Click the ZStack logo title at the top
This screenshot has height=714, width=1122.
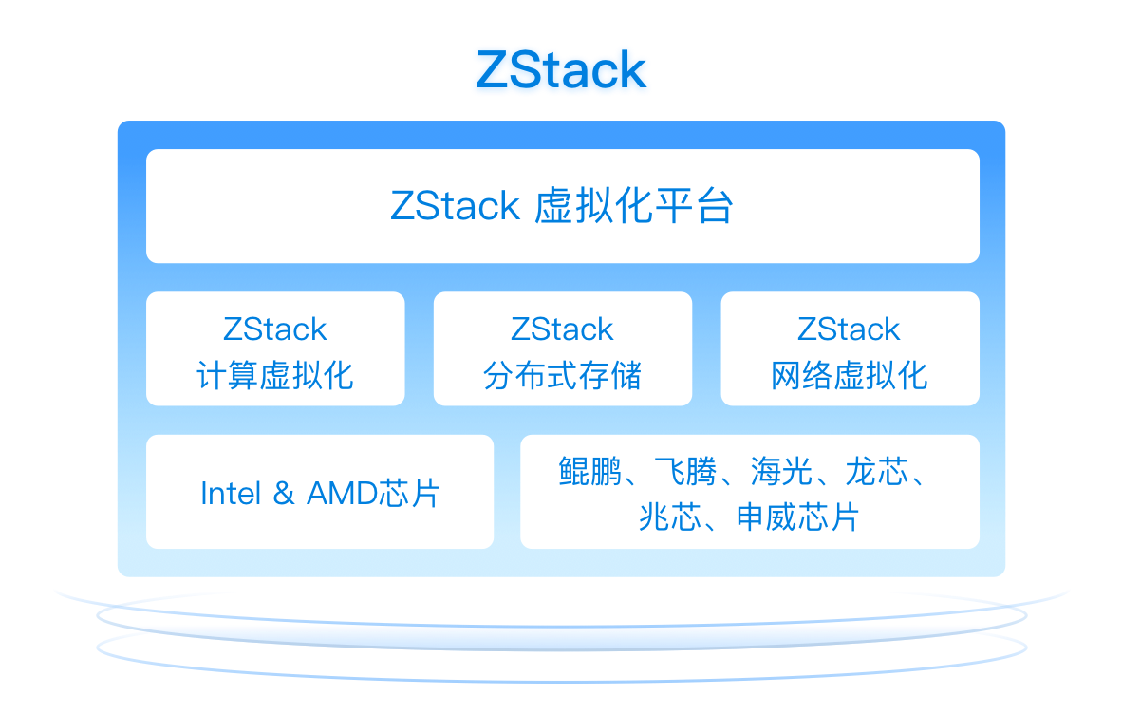pyautogui.click(x=561, y=70)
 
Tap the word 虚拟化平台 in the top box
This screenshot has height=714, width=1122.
pyautogui.click(x=633, y=206)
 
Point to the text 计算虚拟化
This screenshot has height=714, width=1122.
pyautogui.click(x=275, y=375)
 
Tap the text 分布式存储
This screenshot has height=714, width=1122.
pyautogui.click(x=562, y=375)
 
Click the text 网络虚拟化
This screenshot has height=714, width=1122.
pyautogui.click(x=850, y=375)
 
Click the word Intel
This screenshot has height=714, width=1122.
pyautogui.click(x=231, y=494)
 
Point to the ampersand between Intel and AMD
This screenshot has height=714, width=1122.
pyautogui.click(x=284, y=494)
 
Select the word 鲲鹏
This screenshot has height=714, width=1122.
pyautogui.click(x=589, y=471)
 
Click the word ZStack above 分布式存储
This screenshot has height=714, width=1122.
pyautogui.click(x=562, y=329)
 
